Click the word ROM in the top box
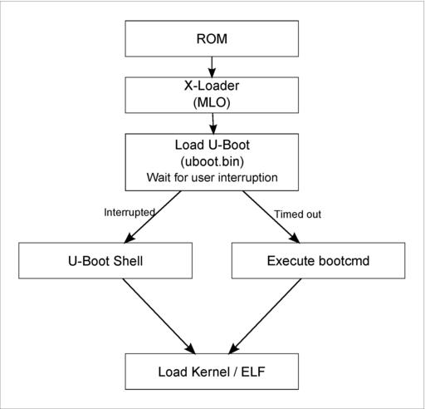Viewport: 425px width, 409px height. (x=212, y=39)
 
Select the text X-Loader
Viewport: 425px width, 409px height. (x=212, y=86)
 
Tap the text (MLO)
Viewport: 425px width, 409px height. (x=212, y=102)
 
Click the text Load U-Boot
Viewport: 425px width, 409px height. (x=212, y=145)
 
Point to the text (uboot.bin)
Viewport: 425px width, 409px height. (x=212, y=161)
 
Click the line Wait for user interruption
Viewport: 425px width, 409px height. (x=212, y=177)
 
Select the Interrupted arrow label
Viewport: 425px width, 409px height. (x=129, y=213)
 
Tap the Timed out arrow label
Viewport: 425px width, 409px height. (x=297, y=214)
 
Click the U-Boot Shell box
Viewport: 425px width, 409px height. (x=105, y=261)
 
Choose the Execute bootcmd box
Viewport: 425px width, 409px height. (x=318, y=261)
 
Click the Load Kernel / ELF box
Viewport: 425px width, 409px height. (x=212, y=372)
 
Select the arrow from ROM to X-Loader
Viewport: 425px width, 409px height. (x=212, y=67)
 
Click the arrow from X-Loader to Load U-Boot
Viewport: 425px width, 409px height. (x=212, y=124)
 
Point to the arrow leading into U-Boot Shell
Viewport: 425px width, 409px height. (x=153, y=217)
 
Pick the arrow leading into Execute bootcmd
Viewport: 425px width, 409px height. (x=271, y=217)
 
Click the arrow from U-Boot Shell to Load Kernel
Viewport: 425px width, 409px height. (x=159, y=316)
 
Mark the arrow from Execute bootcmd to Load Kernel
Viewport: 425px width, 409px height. (x=265, y=316)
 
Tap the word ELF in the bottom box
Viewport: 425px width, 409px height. (x=253, y=372)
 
